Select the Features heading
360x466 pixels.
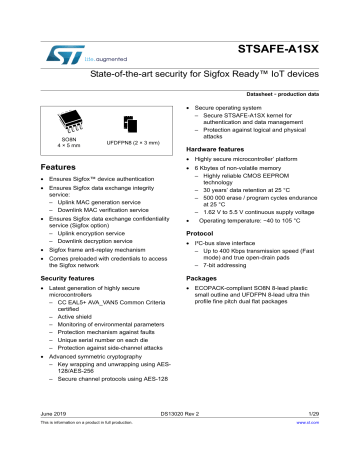pyautogui.click(x=43, y=165)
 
